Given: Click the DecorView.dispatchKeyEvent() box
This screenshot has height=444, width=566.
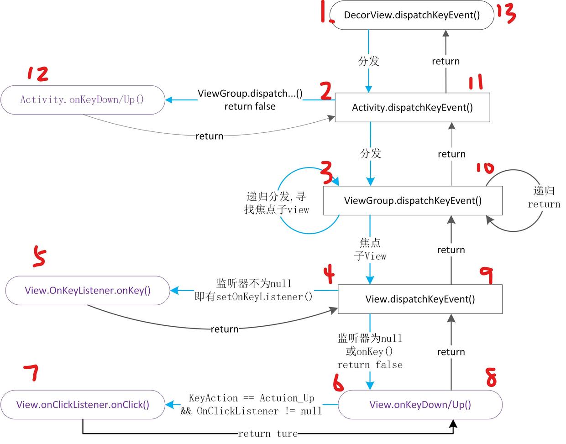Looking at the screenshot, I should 412,16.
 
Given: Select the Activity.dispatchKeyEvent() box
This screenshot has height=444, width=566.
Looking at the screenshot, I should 412,108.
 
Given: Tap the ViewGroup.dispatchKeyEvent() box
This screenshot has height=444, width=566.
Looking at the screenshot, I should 413,201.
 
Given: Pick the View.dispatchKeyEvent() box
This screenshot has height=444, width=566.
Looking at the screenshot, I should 420,299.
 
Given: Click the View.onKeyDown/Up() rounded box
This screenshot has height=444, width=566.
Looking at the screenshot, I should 420,405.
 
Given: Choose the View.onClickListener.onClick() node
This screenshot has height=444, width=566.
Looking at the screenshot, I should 83,405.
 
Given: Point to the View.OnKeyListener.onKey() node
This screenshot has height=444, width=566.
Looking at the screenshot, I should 88,291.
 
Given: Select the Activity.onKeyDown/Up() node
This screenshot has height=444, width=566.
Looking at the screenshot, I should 82,99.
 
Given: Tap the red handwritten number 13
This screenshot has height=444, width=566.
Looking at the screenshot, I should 506,14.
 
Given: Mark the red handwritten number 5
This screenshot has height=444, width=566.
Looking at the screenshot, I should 39,256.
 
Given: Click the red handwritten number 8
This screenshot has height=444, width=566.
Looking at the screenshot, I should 491,377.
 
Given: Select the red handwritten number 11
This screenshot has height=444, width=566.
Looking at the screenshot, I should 476,83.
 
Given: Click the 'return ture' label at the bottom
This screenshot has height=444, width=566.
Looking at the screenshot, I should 267,434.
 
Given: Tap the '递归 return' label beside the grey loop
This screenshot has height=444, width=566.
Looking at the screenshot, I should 544,198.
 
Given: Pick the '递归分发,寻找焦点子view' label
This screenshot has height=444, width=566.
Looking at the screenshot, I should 277,203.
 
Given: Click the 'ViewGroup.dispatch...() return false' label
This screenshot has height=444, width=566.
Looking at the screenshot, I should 250,100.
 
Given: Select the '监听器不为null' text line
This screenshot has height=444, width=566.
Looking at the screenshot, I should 254,284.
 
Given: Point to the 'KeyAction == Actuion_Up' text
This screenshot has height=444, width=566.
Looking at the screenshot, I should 252,398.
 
